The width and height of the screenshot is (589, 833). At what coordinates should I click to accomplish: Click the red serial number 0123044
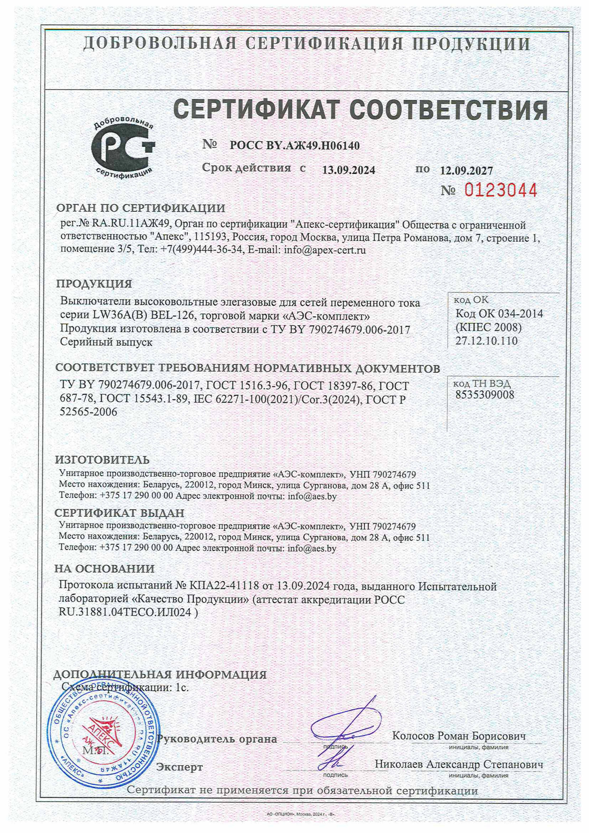click(x=500, y=190)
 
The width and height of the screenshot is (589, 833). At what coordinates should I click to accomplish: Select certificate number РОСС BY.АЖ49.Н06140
click(x=295, y=146)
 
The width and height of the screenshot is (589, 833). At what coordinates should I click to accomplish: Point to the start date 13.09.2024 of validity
click(x=348, y=170)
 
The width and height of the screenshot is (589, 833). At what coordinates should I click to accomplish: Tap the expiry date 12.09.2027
click(x=466, y=170)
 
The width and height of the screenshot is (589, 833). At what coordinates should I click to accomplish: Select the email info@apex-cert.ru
click(x=325, y=250)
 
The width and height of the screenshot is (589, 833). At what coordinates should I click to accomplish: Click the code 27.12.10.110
click(x=486, y=341)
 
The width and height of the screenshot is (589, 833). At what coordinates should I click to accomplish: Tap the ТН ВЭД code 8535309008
click(x=485, y=394)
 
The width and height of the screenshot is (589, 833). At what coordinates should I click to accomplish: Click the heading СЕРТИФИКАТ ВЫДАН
click(x=119, y=513)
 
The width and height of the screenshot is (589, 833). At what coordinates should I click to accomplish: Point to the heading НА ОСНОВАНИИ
click(x=104, y=568)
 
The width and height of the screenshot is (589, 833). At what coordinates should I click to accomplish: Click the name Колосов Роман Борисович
click(x=459, y=736)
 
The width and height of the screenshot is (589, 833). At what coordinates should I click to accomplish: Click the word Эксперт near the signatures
click(x=179, y=767)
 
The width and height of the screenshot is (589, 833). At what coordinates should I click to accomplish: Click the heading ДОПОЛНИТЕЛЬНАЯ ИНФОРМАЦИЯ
click(x=160, y=674)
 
